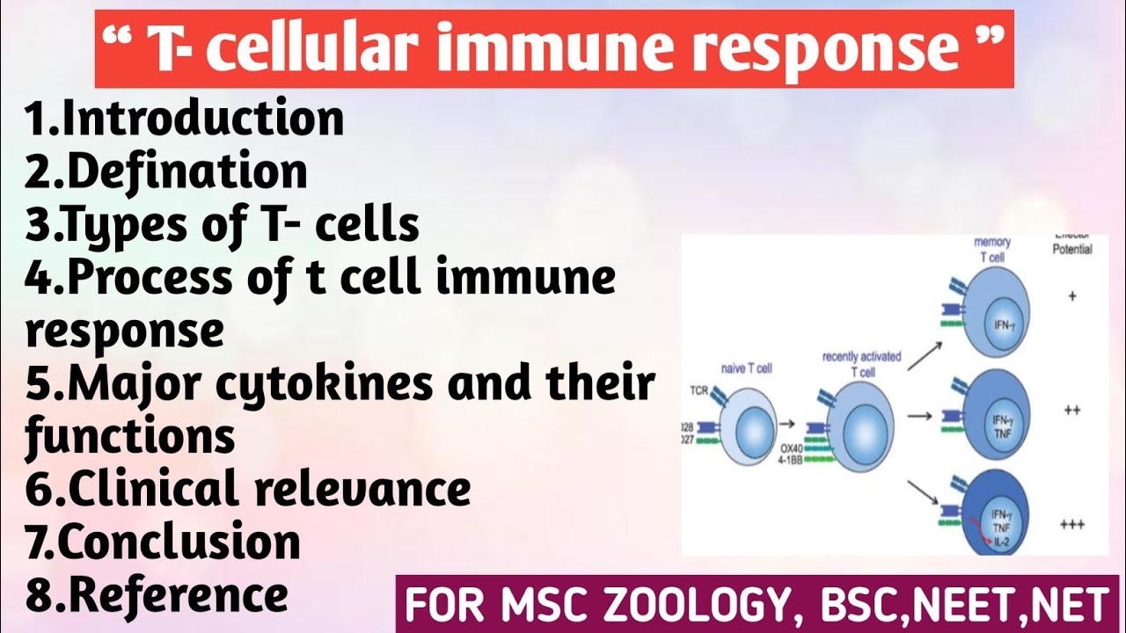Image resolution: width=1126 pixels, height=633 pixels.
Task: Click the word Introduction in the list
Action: pyautogui.click(x=203, y=120)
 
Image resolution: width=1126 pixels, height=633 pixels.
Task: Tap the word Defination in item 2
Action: pyautogui.click(x=187, y=172)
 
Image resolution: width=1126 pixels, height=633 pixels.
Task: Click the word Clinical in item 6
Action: pyautogui.click(x=156, y=489)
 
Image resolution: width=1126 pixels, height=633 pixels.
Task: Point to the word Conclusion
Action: pyautogui.click(x=184, y=542)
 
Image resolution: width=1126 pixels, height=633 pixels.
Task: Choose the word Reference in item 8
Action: pyautogui.click(x=178, y=595)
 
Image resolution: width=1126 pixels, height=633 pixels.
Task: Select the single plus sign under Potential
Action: pyautogui.click(x=1072, y=296)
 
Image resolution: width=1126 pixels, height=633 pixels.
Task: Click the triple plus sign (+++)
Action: pyautogui.click(x=1071, y=525)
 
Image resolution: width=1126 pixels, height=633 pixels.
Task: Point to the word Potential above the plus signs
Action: pyautogui.click(x=1071, y=249)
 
